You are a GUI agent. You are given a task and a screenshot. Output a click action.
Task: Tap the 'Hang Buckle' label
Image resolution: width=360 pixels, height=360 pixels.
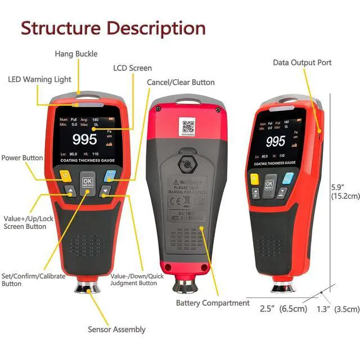(x=76, y=54)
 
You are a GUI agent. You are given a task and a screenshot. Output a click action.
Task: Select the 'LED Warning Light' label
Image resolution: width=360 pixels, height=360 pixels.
(x=39, y=79)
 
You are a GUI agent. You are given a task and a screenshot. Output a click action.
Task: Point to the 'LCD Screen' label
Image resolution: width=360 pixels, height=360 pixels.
(x=132, y=68)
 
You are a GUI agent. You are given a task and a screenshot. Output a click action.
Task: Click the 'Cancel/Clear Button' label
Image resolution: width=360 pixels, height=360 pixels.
(x=181, y=82)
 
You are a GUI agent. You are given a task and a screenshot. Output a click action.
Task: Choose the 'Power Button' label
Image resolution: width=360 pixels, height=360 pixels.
(x=22, y=158)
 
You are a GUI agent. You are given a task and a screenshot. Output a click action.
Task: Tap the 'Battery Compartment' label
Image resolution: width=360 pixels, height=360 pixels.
(x=213, y=303)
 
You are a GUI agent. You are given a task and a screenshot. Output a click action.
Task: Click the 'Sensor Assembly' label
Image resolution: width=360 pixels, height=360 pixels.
(x=116, y=330)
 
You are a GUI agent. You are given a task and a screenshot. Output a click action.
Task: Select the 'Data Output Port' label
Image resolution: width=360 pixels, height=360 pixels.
(x=302, y=62)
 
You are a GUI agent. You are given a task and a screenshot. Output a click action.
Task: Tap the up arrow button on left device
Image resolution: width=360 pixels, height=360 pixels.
(x=70, y=192)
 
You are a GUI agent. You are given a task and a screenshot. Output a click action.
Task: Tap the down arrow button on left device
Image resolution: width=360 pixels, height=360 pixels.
(x=105, y=192)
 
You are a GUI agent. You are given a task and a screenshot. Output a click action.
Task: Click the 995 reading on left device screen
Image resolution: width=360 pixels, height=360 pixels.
(x=85, y=139)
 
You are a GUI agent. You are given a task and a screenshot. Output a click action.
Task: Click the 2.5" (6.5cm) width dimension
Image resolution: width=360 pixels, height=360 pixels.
(x=283, y=309)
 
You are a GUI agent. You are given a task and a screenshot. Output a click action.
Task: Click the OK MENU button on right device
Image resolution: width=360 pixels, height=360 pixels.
(x=269, y=185)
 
